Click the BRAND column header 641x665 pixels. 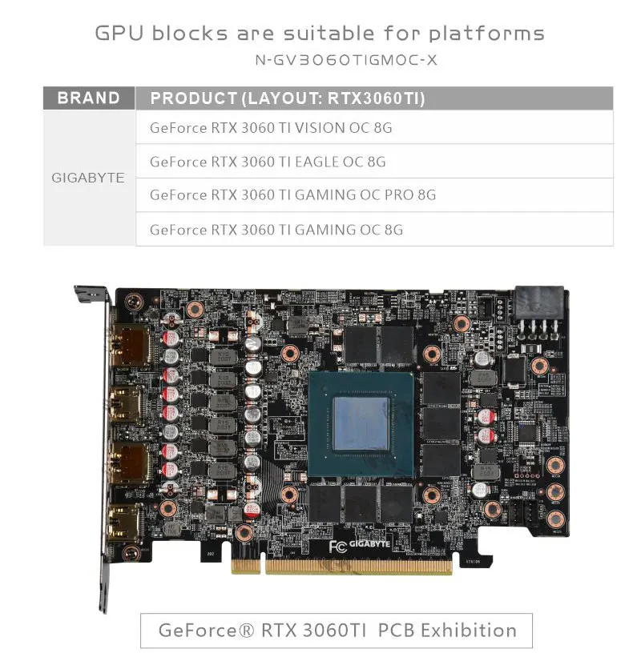pyautogui.click(x=88, y=98)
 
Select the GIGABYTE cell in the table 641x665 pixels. pyautogui.click(x=88, y=178)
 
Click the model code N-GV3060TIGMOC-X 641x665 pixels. pyautogui.click(x=345, y=60)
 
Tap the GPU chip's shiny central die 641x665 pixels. pyautogui.click(x=363, y=423)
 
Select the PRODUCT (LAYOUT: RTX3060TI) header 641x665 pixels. pyautogui.click(x=287, y=98)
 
